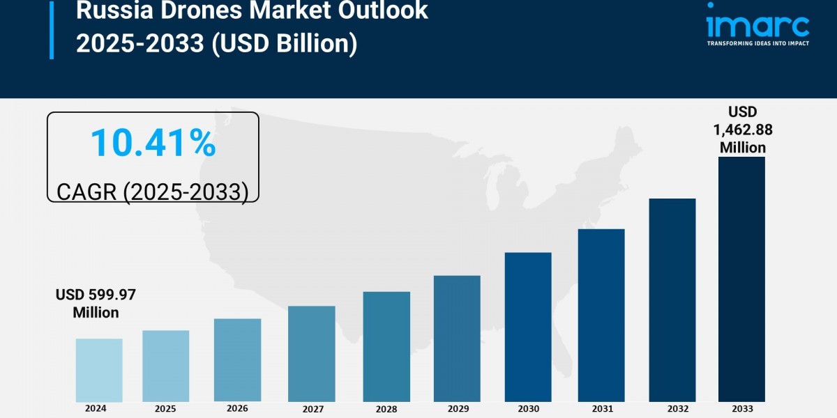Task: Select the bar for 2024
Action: tap(99, 370)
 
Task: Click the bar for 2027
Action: tap(311, 353)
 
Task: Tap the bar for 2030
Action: tap(528, 327)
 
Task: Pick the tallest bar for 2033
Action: tap(741, 279)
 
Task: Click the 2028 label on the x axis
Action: tap(386, 408)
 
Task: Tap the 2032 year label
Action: tap(672, 408)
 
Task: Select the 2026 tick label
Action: tap(238, 408)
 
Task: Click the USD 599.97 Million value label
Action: tap(96, 304)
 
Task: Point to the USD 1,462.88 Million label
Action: tap(743, 130)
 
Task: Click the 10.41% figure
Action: tap(153, 143)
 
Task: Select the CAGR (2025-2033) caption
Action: tap(153, 191)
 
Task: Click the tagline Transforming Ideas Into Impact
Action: tap(757, 44)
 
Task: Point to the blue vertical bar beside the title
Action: tap(51, 29)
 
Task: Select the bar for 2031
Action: tap(601, 315)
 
